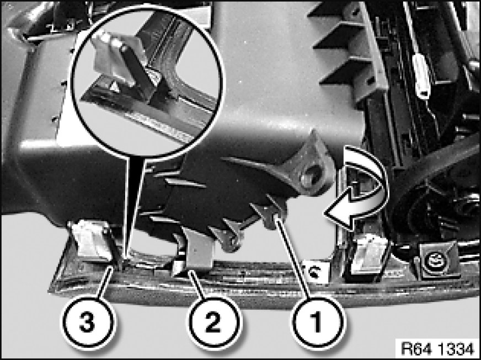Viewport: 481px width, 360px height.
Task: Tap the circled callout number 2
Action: point(213,323)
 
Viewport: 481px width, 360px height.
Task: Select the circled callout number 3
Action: point(88,323)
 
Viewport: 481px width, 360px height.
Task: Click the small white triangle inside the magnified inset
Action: point(115,88)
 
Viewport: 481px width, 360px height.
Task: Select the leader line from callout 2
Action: point(196,284)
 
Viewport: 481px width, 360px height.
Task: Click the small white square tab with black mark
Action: point(315,271)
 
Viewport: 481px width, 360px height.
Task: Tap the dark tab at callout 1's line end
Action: point(270,217)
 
